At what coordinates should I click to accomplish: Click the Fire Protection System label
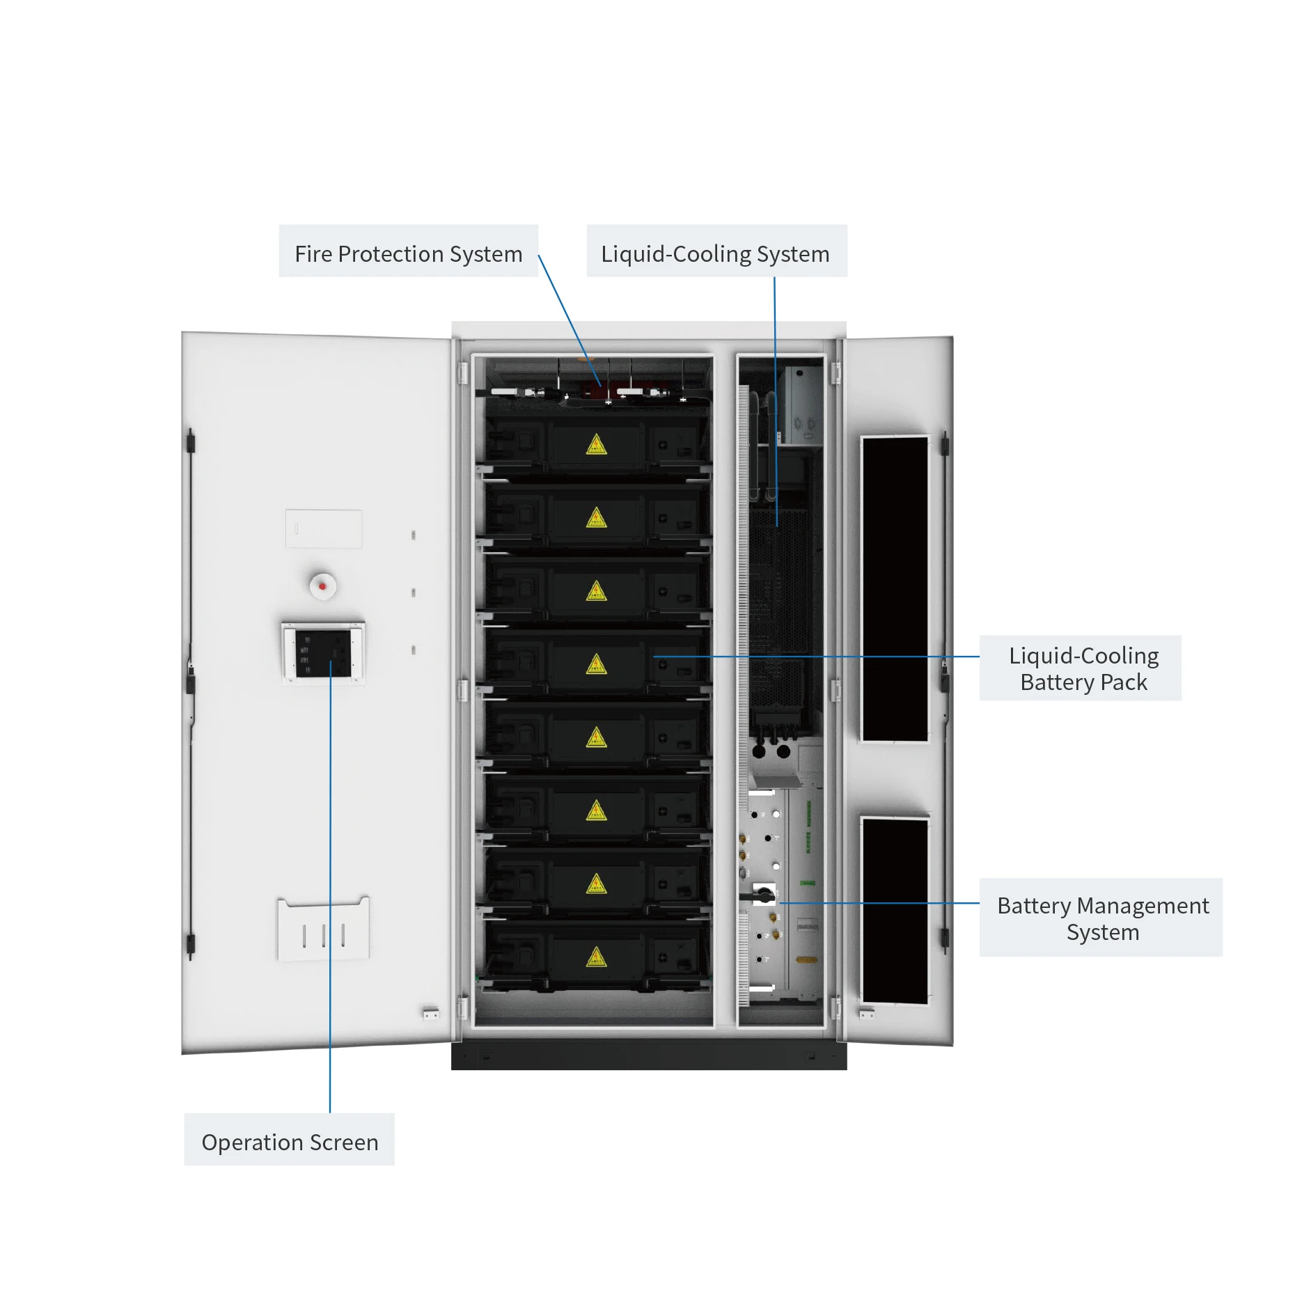pos(408,253)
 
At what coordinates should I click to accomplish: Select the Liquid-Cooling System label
pos(715,253)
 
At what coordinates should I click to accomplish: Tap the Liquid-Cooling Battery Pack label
pos(1083,668)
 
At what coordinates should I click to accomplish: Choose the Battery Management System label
pos(1102,918)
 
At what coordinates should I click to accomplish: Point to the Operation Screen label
pos(290,1142)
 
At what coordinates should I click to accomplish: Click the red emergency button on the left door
pos(322,586)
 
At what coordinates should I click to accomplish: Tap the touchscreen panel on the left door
pos(323,653)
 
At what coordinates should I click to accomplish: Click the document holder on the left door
pos(324,930)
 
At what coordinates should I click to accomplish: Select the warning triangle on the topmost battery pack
pos(596,445)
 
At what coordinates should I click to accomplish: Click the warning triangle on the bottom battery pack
pos(596,957)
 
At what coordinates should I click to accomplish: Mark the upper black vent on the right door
pos(895,589)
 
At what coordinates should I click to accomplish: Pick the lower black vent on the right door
pos(895,910)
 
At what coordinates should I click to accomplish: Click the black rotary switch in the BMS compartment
pos(764,895)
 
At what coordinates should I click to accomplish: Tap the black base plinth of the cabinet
pos(649,1056)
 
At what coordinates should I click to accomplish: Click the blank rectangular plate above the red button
pos(323,528)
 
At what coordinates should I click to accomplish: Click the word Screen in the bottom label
pos(344,1142)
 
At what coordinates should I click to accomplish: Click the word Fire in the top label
pos(313,253)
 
